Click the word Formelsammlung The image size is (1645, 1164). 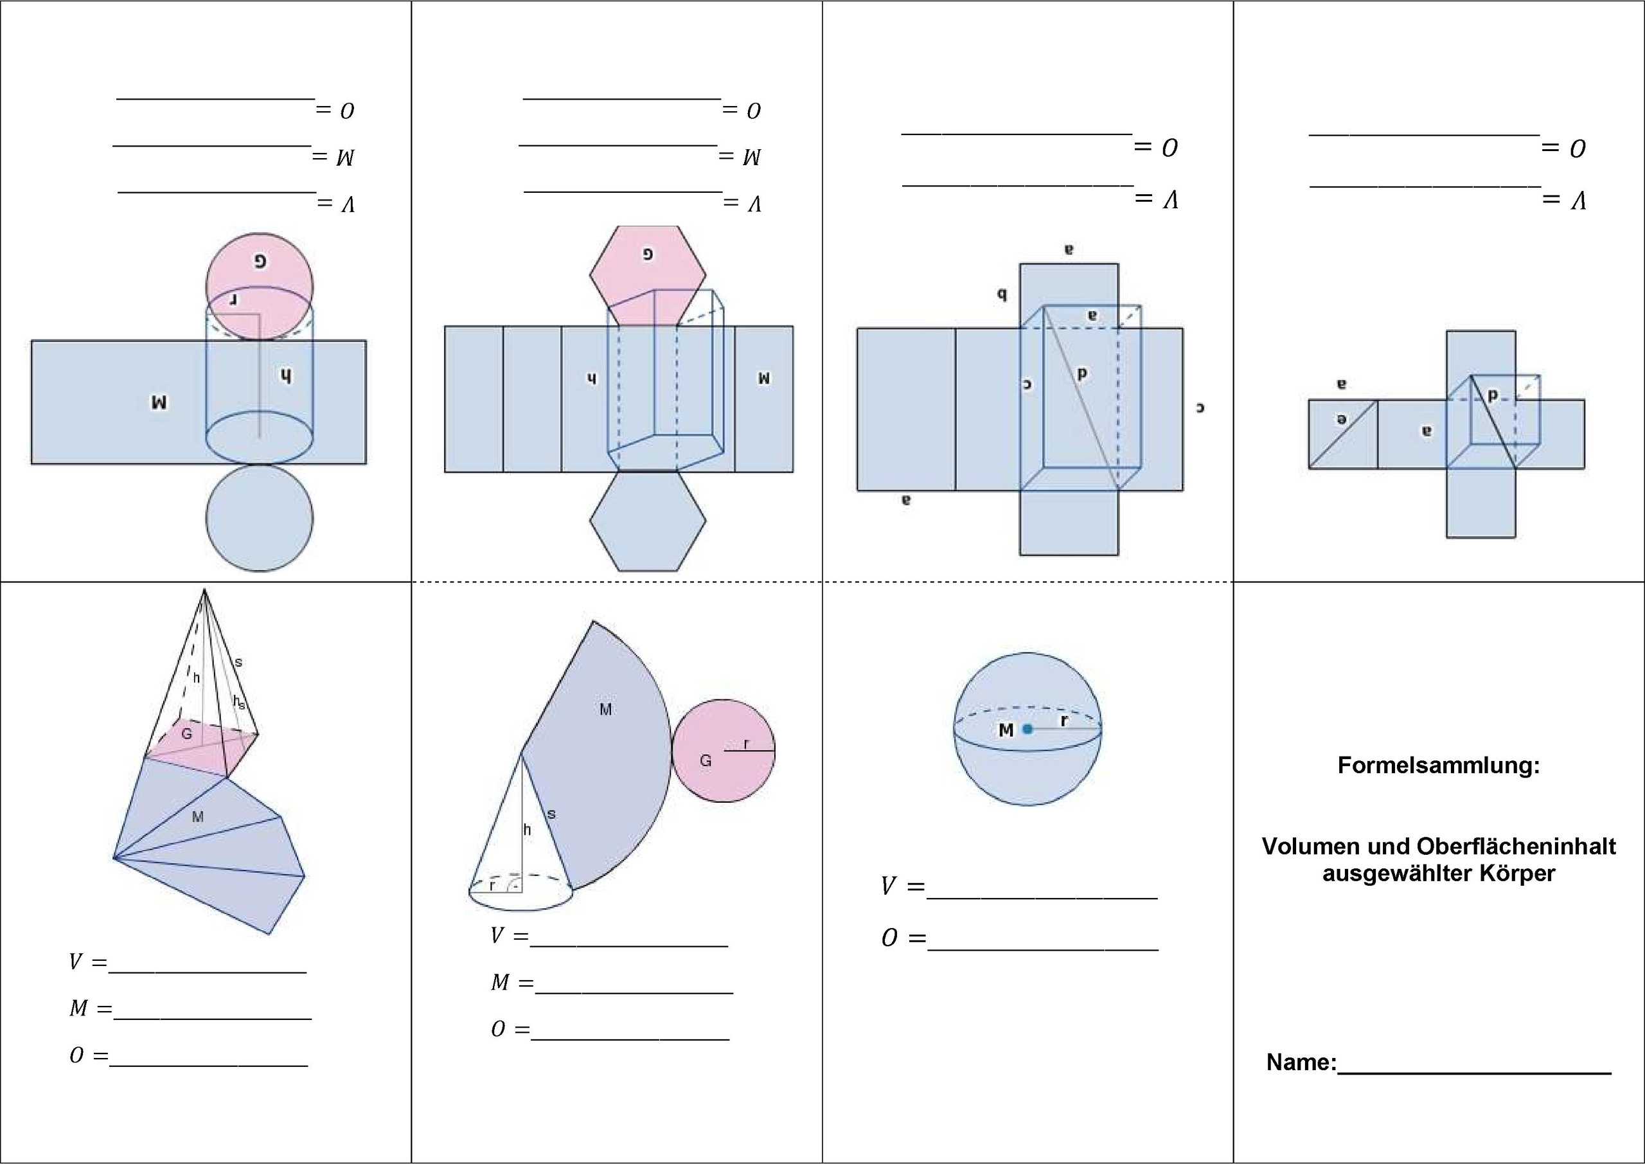pos(1438,766)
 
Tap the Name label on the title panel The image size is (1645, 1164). pos(1301,1062)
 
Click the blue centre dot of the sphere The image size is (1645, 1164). pos(1027,730)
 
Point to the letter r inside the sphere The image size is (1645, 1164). pos(1064,721)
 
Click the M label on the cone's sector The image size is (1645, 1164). pos(605,710)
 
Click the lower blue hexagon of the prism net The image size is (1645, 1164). pos(648,521)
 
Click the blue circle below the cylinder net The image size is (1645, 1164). pos(260,517)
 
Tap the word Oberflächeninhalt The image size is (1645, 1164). pos(1515,846)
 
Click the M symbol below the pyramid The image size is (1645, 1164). pos(78,1008)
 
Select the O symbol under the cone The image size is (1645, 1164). pos(498,1030)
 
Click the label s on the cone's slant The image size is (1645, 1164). pos(551,814)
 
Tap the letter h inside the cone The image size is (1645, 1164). pos(528,830)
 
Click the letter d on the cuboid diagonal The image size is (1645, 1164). pos(1082,373)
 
